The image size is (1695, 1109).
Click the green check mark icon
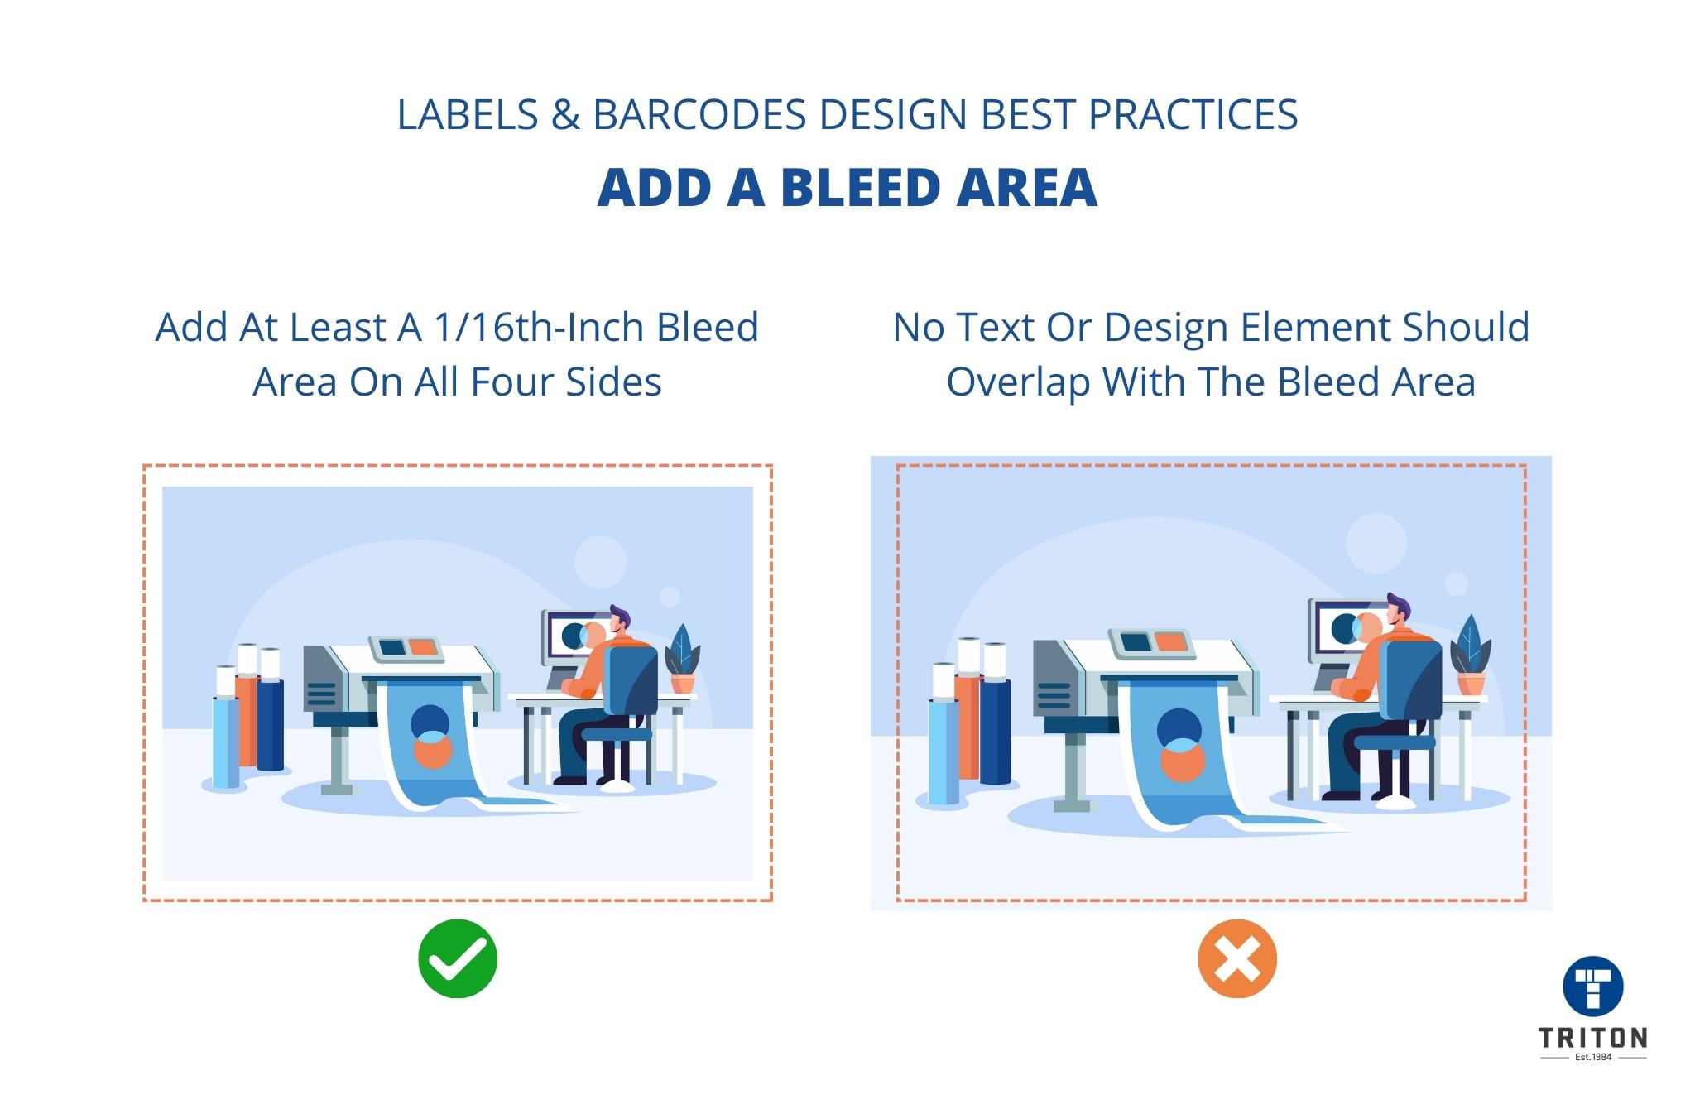[458, 958]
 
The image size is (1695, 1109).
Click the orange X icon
[1237, 958]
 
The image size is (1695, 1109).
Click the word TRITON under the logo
[1592, 1038]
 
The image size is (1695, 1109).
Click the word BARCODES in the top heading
[699, 115]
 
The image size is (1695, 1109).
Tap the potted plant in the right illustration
[1470, 656]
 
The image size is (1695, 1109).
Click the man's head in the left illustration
[618, 620]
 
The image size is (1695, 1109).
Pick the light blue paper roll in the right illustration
[943, 749]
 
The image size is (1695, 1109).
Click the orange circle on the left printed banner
[431, 751]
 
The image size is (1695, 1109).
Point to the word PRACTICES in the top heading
[1193, 115]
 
